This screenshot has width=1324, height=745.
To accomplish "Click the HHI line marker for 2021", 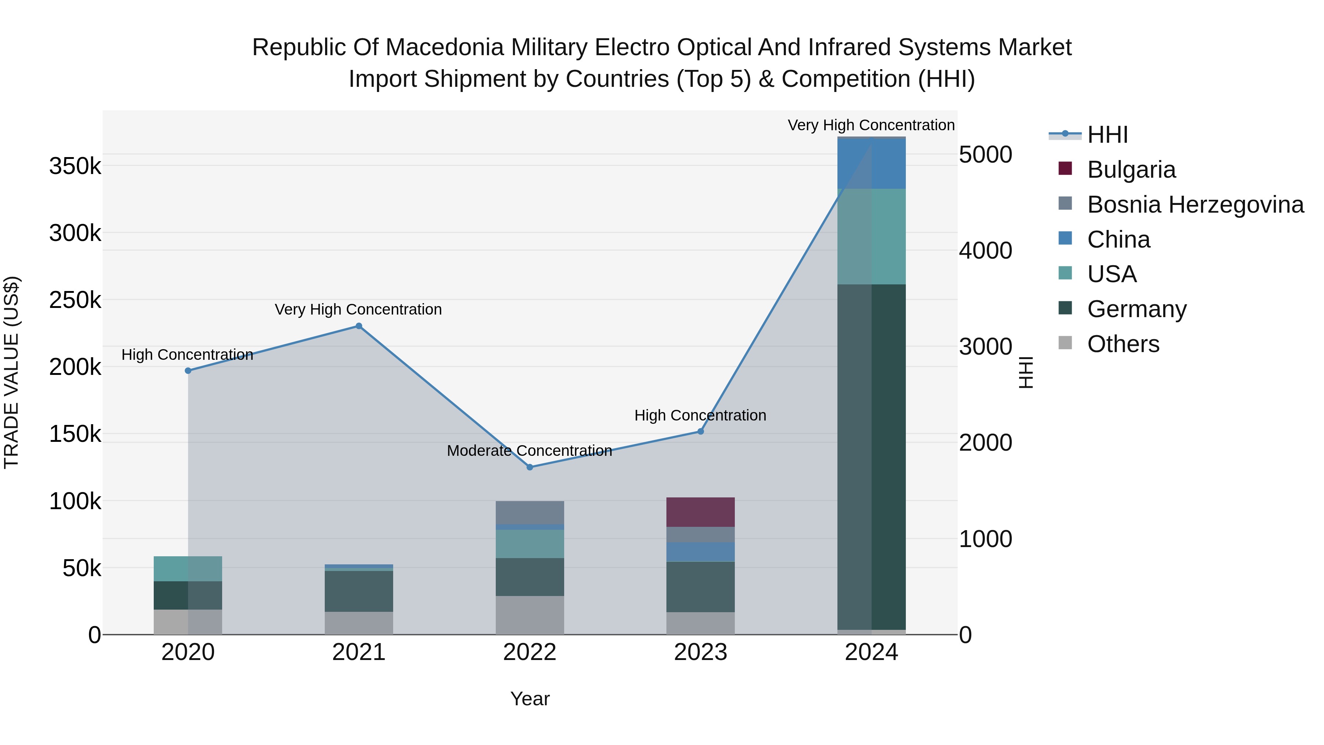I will click(359, 326).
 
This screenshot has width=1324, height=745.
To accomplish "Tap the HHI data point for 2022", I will click(530, 467).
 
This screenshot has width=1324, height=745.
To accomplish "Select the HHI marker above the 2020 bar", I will click(188, 371).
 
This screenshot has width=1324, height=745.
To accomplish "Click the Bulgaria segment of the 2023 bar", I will click(701, 512).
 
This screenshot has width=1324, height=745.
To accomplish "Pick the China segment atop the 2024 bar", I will click(872, 163).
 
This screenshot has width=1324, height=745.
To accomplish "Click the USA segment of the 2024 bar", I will click(872, 237).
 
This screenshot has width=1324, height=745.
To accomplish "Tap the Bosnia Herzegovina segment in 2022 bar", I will click(530, 512).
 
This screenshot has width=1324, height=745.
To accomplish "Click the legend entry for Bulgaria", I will click(1131, 170).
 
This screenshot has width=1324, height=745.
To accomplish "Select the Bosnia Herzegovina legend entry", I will click(1195, 205).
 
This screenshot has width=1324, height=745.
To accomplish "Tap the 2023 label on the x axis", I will click(701, 652).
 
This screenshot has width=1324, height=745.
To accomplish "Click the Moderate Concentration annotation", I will click(529, 451).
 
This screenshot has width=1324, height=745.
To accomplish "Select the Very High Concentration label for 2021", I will click(358, 309).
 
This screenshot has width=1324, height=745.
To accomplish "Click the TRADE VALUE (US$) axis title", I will click(11, 372).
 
